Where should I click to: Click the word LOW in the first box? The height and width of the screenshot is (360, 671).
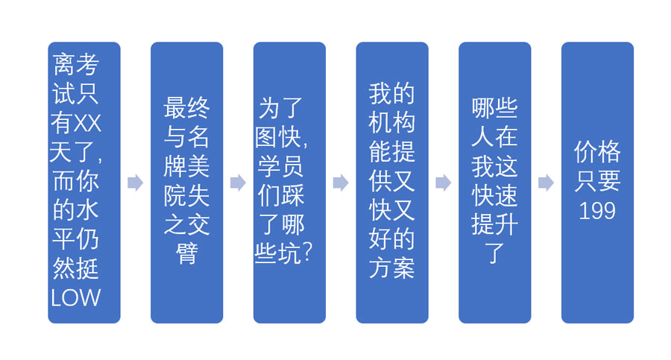(76, 297)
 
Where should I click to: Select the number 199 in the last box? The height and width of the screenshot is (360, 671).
(597, 211)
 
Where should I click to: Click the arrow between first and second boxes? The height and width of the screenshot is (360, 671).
(135, 183)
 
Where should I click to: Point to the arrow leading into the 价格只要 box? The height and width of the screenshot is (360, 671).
(546, 183)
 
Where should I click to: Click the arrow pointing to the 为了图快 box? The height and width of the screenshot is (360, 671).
(238, 183)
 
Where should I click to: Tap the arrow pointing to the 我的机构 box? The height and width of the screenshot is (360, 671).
(341, 183)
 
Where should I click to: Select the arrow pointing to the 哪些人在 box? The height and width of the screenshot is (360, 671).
(443, 183)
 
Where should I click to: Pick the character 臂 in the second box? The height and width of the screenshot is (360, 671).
(186, 253)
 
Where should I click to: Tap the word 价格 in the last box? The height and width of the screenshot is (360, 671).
(597, 152)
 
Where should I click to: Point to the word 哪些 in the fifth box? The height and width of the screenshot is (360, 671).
(494, 108)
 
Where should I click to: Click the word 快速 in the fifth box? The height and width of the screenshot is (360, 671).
(494, 195)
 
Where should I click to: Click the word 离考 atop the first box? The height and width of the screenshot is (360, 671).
(76, 65)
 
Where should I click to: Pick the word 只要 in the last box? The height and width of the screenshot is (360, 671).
(597, 181)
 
